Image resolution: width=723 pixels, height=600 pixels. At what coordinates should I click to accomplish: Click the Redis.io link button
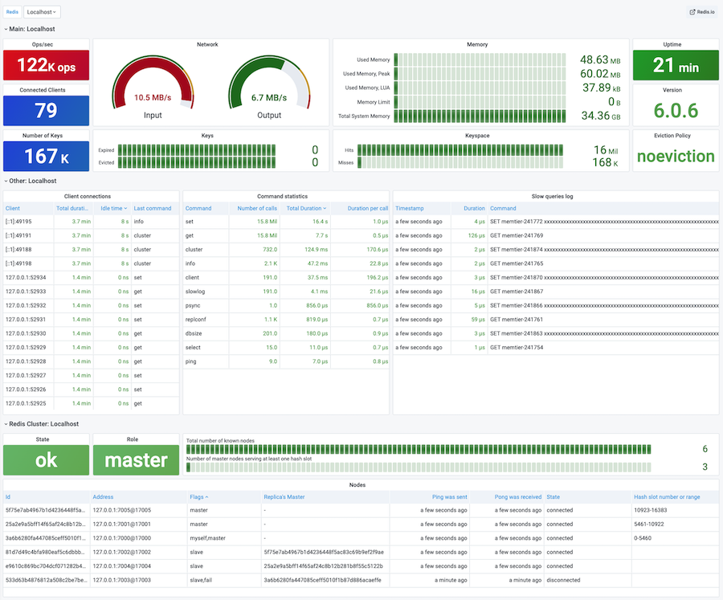[x=701, y=12]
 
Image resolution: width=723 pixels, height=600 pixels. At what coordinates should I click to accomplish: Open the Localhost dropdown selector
[x=42, y=12]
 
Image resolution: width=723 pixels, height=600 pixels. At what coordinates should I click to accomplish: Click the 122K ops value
[x=45, y=65]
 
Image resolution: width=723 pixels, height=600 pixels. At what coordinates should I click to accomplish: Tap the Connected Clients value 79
[x=45, y=111]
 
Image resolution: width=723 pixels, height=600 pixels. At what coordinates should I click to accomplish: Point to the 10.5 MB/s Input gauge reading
[x=153, y=98]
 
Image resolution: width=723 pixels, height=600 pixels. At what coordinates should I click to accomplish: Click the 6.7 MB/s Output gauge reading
[x=269, y=98]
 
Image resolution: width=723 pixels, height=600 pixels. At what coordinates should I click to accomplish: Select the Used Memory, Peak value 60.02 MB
[x=599, y=74]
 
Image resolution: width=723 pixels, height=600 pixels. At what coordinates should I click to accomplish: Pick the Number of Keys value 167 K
[x=45, y=156]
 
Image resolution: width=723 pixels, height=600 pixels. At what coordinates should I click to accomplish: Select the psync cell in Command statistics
[x=194, y=305]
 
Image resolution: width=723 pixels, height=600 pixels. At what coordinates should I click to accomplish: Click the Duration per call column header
[x=368, y=208]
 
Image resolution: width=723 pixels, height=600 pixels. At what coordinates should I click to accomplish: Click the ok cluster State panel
[x=45, y=459]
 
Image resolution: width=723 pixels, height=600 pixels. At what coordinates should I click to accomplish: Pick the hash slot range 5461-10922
[x=651, y=524]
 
